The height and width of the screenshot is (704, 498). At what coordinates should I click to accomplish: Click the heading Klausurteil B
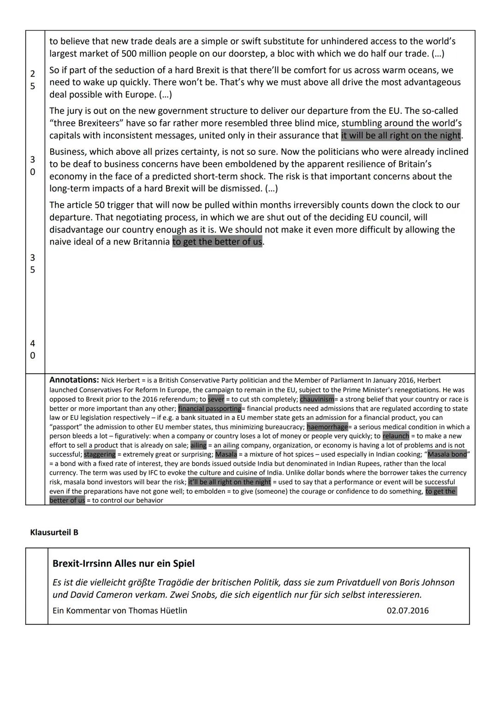point(54,532)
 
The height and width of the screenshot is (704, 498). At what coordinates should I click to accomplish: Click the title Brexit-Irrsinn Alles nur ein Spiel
point(123,563)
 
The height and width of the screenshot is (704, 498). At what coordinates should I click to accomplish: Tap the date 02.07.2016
point(407,610)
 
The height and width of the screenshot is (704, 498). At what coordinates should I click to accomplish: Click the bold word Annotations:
point(74,380)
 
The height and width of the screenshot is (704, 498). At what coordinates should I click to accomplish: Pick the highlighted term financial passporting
point(209,408)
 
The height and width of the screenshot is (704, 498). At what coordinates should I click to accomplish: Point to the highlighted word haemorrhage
point(327,427)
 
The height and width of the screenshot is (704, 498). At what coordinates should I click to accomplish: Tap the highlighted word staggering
point(100,454)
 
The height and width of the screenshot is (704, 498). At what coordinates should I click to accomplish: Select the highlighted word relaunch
point(395,436)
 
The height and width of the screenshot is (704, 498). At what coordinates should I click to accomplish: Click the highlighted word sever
point(216,399)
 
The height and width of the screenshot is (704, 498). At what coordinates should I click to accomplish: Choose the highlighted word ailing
point(198,445)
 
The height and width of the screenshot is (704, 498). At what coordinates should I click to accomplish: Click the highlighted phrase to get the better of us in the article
point(217,241)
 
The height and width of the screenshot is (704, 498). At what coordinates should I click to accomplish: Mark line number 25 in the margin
point(32,80)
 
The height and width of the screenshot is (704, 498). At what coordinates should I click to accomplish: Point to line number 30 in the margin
point(32,165)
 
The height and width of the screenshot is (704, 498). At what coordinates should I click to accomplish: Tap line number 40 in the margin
point(32,349)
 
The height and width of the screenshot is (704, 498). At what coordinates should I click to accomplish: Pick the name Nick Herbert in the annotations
point(120,381)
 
